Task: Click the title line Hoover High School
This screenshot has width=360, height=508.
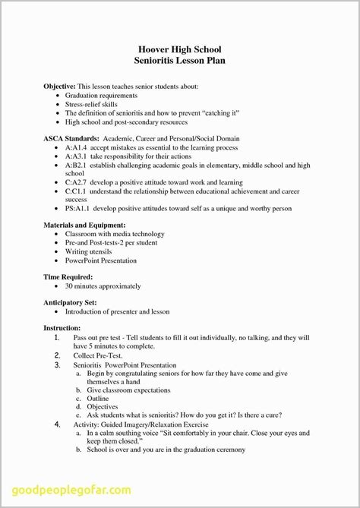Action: [180, 49]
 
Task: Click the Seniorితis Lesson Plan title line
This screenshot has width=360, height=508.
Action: [180, 61]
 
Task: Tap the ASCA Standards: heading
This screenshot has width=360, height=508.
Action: [71, 139]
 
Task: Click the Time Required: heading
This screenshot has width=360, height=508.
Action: [68, 277]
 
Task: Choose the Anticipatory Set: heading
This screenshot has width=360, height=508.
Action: [73, 302]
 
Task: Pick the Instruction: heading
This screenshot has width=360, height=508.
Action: [62, 327]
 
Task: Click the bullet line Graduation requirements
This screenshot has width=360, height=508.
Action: [101, 96]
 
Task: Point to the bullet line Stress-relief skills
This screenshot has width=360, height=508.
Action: [94, 105]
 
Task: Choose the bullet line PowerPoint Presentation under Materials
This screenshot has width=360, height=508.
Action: [101, 260]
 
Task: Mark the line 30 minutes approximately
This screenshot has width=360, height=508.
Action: [103, 286]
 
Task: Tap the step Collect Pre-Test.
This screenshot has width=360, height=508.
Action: [97, 355]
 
